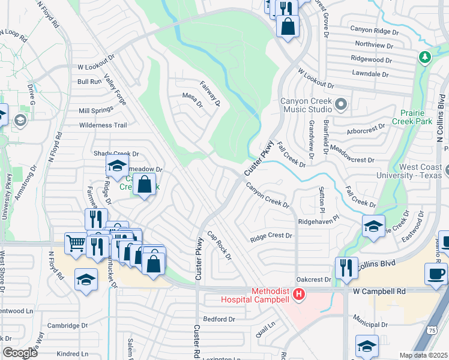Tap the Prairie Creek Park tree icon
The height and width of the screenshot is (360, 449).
point(425,57)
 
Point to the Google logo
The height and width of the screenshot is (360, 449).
point(20,353)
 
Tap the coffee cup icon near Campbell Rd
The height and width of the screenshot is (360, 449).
point(435,274)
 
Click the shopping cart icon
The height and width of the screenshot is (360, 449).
point(75,244)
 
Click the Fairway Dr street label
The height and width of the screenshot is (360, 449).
point(211,94)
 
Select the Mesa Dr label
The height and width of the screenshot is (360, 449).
point(193,100)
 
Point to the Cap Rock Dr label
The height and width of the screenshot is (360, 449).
point(219,245)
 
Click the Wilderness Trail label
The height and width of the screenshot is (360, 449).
point(103,125)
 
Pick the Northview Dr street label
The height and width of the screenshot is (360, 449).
point(374,45)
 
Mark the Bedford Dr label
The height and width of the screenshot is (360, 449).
point(218,319)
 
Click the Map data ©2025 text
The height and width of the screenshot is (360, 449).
point(423,355)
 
